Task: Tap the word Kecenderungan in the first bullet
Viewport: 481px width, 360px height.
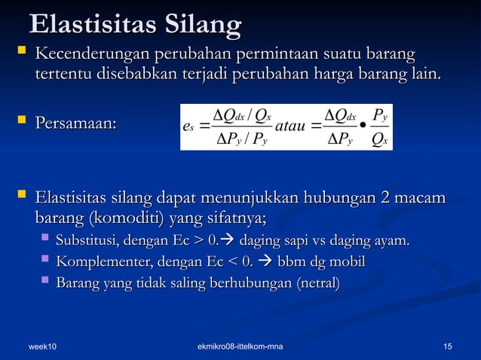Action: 93,56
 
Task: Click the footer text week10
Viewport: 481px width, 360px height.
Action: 43,346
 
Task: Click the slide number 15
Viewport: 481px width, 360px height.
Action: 448,346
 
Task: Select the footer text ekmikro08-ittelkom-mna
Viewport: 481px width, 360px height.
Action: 240,346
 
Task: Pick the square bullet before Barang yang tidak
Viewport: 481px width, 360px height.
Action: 45,283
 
